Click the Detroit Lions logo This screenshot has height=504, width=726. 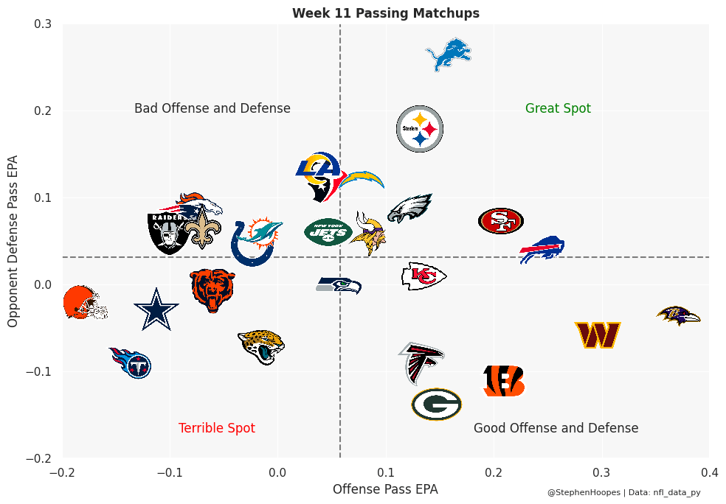coord(449,55)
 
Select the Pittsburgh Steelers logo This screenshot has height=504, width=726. coord(420,129)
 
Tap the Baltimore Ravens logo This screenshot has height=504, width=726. coord(678,316)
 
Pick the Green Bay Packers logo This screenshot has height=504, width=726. coord(437,405)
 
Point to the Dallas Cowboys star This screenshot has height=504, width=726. coord(156,309)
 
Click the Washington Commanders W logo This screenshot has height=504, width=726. coord(598,335)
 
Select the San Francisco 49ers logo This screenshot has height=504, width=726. coord(501,220)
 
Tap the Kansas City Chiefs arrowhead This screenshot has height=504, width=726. coord(423,276)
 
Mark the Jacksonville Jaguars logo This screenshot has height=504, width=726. coord(261,346)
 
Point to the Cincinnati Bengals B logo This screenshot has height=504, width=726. coord(504,381)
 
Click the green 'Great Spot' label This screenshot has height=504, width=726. coord(558,109)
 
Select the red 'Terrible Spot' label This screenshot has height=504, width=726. coord(217,429)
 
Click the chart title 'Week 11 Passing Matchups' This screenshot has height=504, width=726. coord(386,13)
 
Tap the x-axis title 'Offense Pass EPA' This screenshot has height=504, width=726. coord(385,489)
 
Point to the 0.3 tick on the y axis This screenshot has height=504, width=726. coord(43,24)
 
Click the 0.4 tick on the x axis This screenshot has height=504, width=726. coord(709,472)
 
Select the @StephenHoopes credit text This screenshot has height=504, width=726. coord(583,492)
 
